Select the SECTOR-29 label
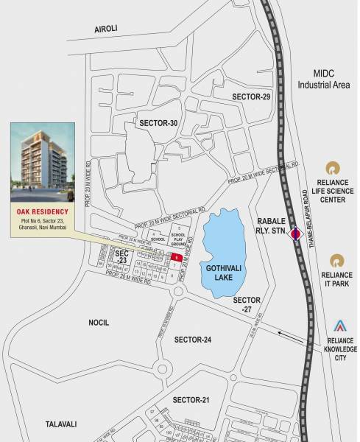(x=252, y=97)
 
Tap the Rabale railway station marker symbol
(x=295, y=236)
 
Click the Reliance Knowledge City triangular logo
(x=339, y=326)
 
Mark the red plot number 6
(x=177, y=256)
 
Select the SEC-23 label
(x=123, y=256)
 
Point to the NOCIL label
(x=97, y=323)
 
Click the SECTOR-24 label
(x=193, y=340)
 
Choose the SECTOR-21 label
(x=191, y=399)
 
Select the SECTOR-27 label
(x=247, y=305)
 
